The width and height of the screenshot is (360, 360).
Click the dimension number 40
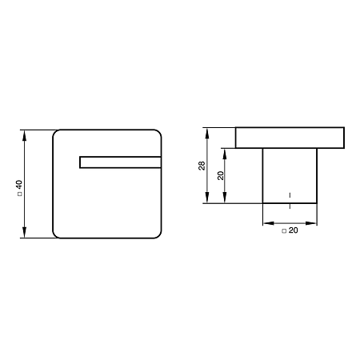pos(19,185)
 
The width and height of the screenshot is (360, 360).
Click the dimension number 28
pos(202,166)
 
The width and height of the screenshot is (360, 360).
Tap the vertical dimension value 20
pos(221,175)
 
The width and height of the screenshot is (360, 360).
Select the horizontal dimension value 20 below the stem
pos(293,230)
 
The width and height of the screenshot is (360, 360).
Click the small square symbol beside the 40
pos(19,194)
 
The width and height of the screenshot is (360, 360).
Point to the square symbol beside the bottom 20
pos(284,231)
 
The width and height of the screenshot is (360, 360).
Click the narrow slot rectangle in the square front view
pos(120,162)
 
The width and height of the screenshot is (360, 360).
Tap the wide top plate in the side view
pos(290,138)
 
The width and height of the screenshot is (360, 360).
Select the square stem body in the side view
pos(290,176)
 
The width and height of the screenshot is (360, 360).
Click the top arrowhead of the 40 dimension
pos(24,135)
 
